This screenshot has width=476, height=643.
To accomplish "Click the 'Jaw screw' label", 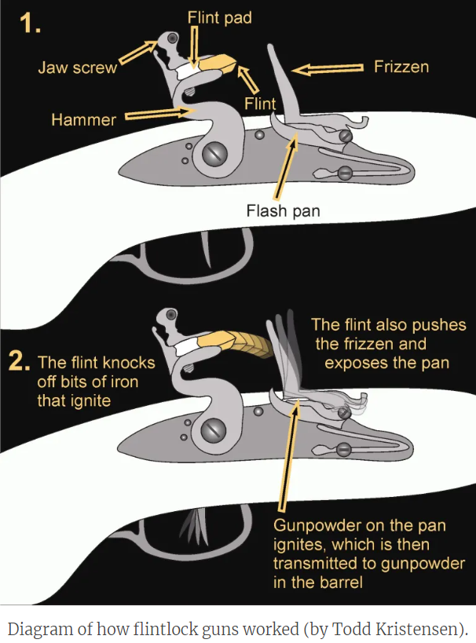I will [77, 68].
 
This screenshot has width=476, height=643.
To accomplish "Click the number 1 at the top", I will [31, 24].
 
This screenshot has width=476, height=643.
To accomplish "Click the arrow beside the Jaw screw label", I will [138, 55].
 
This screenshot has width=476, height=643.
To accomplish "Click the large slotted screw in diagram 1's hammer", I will [214, 154].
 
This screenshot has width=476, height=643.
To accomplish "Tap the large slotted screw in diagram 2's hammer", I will [214, 429].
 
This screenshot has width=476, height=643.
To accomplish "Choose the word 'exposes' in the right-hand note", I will [359, 364].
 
